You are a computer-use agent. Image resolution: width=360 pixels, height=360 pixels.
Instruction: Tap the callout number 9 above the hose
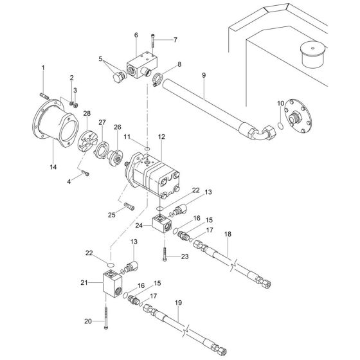[203, 76]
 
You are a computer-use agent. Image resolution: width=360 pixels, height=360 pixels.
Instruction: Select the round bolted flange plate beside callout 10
[298, 118]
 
